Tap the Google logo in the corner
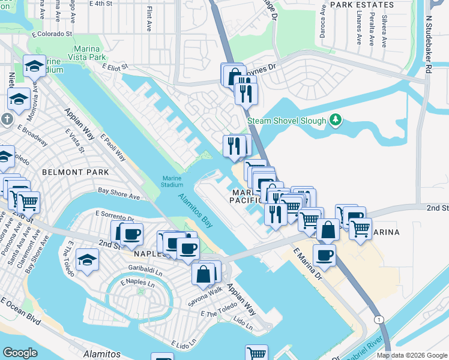[20, 353]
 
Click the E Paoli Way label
[112, 146]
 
